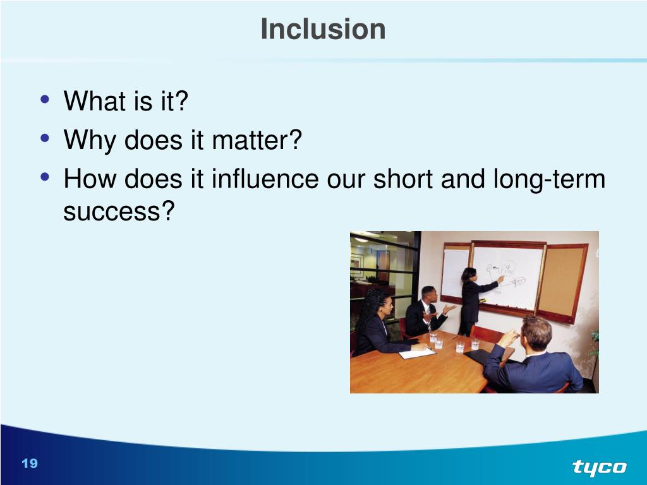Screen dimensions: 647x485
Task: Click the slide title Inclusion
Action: [323, 29]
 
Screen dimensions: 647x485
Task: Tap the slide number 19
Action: [30, 463]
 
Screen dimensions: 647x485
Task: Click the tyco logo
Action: [600, 468]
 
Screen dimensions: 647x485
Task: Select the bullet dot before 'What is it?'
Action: [45, 99]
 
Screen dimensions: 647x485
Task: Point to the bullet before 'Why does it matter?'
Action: [45, 138]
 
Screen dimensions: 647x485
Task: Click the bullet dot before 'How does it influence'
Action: [45, 177]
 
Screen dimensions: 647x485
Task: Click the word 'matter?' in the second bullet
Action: [257, 140]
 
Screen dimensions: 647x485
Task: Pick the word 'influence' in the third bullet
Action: [265, 179]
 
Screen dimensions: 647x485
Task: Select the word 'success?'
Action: [119, 211]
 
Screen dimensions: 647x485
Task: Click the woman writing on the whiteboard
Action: [475, 300]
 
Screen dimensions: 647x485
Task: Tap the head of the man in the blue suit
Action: [536, 333]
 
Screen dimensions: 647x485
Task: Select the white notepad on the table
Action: [417, 354]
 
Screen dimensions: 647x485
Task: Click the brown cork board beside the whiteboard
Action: [562, 284]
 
